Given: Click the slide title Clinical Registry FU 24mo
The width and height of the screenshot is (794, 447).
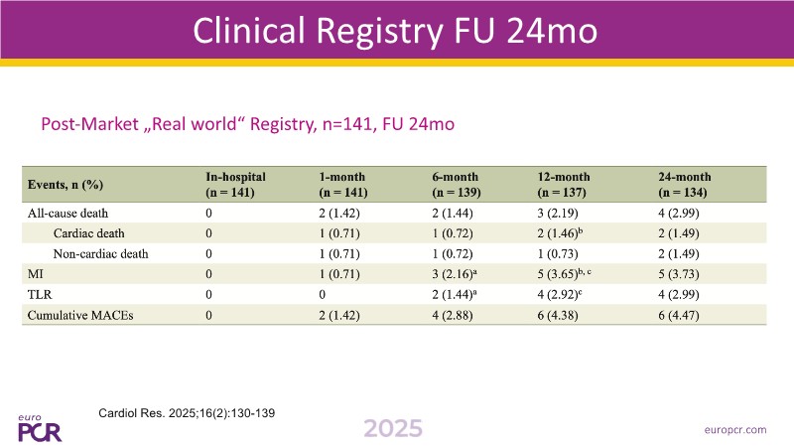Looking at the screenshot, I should coord(396,32).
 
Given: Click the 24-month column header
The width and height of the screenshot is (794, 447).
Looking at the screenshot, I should coord(685,183).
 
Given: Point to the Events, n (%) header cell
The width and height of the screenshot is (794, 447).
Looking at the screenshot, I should coord(66,185).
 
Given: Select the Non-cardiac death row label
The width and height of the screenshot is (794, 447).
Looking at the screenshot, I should coord(101,253).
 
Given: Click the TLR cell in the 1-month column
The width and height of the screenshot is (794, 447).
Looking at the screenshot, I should coord(324,294).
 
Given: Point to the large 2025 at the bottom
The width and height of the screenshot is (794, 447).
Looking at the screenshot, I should coord(392,428).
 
